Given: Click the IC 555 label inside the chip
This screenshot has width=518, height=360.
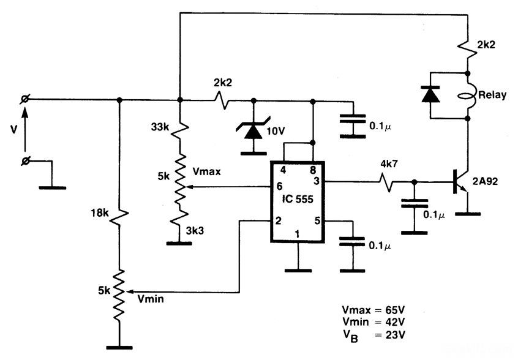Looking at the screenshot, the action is click(x=298, y=199).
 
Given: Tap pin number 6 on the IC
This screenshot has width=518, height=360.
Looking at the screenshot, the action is click(x=279, y=186).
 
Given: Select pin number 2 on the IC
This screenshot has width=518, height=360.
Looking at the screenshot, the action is click(x=278, y=220).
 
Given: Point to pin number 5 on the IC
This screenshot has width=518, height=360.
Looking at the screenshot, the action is click(x=317, y=220).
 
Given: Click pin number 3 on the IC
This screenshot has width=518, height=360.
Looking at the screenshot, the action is click(x=317, y=181).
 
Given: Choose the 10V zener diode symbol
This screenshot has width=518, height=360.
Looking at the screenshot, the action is click(x=253, y=130).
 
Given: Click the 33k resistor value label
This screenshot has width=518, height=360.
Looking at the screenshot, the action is click(x=160, y=127).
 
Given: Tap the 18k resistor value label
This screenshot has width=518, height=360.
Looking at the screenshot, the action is click(x=100, y=213).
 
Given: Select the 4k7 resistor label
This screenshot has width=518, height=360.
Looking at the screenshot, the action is click(x=389, y=164).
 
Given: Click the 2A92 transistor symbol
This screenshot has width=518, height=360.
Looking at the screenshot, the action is click(x=461, y=182).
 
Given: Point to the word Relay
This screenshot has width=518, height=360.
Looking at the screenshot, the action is click(x=492, y=95).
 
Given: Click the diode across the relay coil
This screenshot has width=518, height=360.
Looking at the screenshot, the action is click(x=430, y=94).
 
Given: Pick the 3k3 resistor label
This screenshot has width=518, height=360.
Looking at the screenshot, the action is click(x=195, y=231).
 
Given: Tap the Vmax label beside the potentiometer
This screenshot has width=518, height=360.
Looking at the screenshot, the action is click(x=206, y=171).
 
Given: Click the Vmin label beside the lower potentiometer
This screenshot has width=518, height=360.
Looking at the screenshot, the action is click(x=151, y=299).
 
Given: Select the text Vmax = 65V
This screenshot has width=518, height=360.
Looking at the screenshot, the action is click(x=373, y=310).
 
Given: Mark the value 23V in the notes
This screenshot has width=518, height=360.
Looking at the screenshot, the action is click(x=395, y=335).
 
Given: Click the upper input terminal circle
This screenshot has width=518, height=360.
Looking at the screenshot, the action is click(x=24, y=99).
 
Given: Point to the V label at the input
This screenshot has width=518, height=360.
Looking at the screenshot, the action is click(x=13, y=130).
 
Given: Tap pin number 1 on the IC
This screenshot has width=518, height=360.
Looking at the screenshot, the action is click(x=297, y=234).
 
